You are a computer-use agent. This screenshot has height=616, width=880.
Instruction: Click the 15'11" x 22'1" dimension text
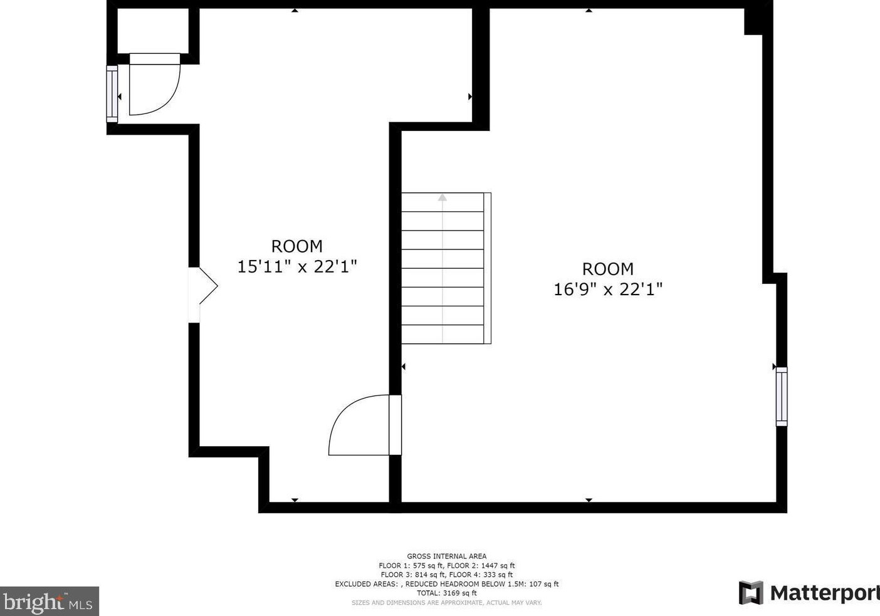(x=296, y=267)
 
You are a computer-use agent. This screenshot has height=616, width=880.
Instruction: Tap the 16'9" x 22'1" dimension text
(x=607, y=290)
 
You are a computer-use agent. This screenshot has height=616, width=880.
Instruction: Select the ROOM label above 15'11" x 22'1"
(x=296, y=246)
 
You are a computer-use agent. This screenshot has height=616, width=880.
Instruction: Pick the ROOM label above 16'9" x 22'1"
(x=607, y=269)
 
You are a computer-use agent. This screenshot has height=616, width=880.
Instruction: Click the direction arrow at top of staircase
(x=443, y=197)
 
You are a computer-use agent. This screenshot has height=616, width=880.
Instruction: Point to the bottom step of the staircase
(x=443, y=334)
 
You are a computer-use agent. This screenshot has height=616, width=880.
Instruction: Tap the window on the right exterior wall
(x=781, y=397)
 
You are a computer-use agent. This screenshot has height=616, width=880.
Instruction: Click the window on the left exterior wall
(x=112, y=93)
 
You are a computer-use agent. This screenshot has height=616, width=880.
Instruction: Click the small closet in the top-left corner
(x=153, y=31)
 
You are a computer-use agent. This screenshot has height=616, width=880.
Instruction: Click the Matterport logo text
(x=824, y=593)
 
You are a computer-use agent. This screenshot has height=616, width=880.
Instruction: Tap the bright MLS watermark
(x=49, y=602)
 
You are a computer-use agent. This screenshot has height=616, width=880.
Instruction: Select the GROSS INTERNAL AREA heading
(x=446, y=556)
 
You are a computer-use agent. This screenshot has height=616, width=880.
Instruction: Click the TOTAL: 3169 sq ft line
(x=446, y=593)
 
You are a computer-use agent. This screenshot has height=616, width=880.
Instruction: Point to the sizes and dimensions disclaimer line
(x=446, y=603)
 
